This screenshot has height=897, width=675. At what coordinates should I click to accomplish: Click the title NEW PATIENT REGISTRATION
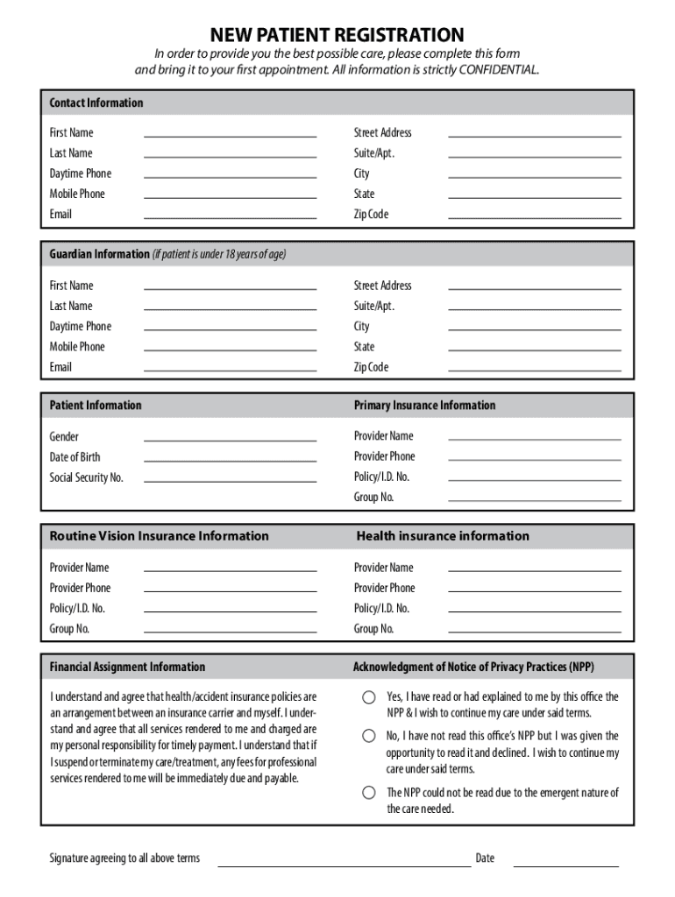click(x=337, y=35)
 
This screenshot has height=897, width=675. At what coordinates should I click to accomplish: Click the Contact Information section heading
click(x=96, y=102)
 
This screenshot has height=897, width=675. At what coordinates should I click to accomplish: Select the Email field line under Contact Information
click(x=230, y=216)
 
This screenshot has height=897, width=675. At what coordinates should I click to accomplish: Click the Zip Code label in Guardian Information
click(x=371, y=367)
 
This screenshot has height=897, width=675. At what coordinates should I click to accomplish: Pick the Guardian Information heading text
click(x=99, y=254)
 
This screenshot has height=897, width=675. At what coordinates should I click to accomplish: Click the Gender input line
click(x=230, y=439)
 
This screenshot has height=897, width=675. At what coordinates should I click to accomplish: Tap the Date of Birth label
click(x=75, y=456)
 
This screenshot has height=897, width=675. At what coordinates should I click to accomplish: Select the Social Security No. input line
click(x=230, y=480)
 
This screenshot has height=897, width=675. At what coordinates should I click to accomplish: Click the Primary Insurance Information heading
click(x=424, y=405)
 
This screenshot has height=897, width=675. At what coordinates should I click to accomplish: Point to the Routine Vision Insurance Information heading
click(x=159, y=535)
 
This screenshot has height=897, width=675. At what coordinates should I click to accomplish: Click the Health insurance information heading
click(x=443, y=535)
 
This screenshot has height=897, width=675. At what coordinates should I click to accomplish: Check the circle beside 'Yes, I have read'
click(x=370, y=698)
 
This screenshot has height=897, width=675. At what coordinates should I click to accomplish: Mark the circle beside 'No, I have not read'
click(x=370, y=736)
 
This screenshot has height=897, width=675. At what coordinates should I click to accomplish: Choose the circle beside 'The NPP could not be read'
click(x=370, y=793)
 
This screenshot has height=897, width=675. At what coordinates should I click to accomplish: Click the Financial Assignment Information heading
click(x=127, y=667)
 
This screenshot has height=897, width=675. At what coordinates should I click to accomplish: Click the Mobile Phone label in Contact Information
click(x=77, y=194)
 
